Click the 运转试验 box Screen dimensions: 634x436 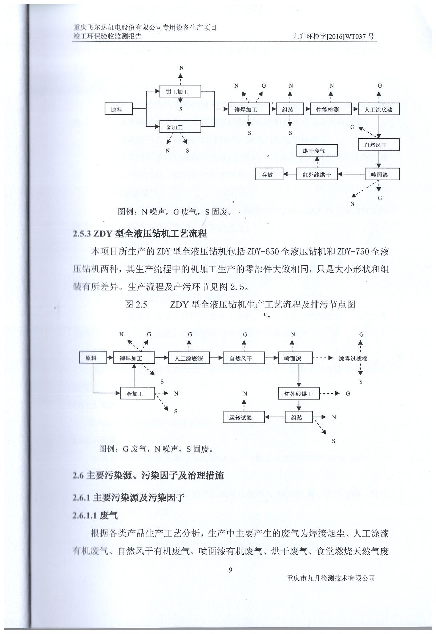241,417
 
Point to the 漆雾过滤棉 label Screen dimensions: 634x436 353,358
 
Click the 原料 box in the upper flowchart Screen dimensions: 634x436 117,109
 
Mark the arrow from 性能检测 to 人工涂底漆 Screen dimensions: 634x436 355,109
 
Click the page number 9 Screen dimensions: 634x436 230,570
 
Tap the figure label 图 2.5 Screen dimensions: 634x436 136,305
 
